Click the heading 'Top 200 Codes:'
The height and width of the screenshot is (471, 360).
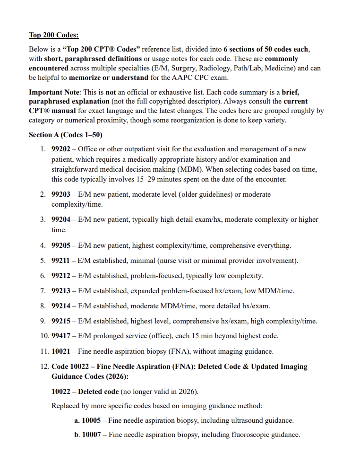(53, 35)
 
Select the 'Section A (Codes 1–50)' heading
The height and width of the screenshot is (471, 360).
(65, 135)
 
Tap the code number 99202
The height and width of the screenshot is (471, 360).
(61, 149)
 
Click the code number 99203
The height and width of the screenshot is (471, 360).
(61, 194)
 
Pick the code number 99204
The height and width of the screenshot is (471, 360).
(61, 219)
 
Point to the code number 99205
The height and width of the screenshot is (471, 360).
(61, 245)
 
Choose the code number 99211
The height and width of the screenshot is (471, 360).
(61, 261)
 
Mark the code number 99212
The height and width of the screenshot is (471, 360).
(61, 276)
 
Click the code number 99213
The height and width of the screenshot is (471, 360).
(61, 291)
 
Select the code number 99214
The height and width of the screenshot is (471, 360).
(61, 306)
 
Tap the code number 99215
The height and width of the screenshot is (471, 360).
(61, 321)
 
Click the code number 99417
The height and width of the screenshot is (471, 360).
(61, 336)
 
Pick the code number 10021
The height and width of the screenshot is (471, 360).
(61, 351)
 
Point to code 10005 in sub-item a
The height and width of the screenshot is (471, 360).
(91, 420)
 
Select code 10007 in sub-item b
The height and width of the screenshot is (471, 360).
(91, 435)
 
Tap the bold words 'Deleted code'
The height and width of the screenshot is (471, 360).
(98, 392)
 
